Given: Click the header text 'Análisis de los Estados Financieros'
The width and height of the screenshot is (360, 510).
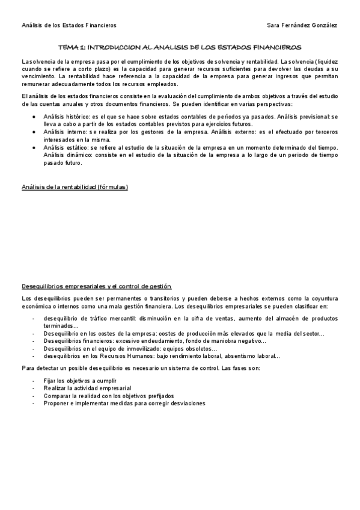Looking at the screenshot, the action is (69, 25).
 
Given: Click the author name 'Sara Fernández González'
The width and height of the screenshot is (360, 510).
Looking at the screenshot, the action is (302, 25).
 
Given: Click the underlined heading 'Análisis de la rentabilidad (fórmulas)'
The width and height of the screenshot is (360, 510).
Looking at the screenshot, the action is (75, 187).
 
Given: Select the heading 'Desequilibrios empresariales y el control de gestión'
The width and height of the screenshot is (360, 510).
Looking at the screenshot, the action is (97, 286).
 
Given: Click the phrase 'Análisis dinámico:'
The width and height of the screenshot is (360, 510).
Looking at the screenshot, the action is (67, 155).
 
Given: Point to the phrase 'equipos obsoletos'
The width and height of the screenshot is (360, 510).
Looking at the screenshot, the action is (191, 348).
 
